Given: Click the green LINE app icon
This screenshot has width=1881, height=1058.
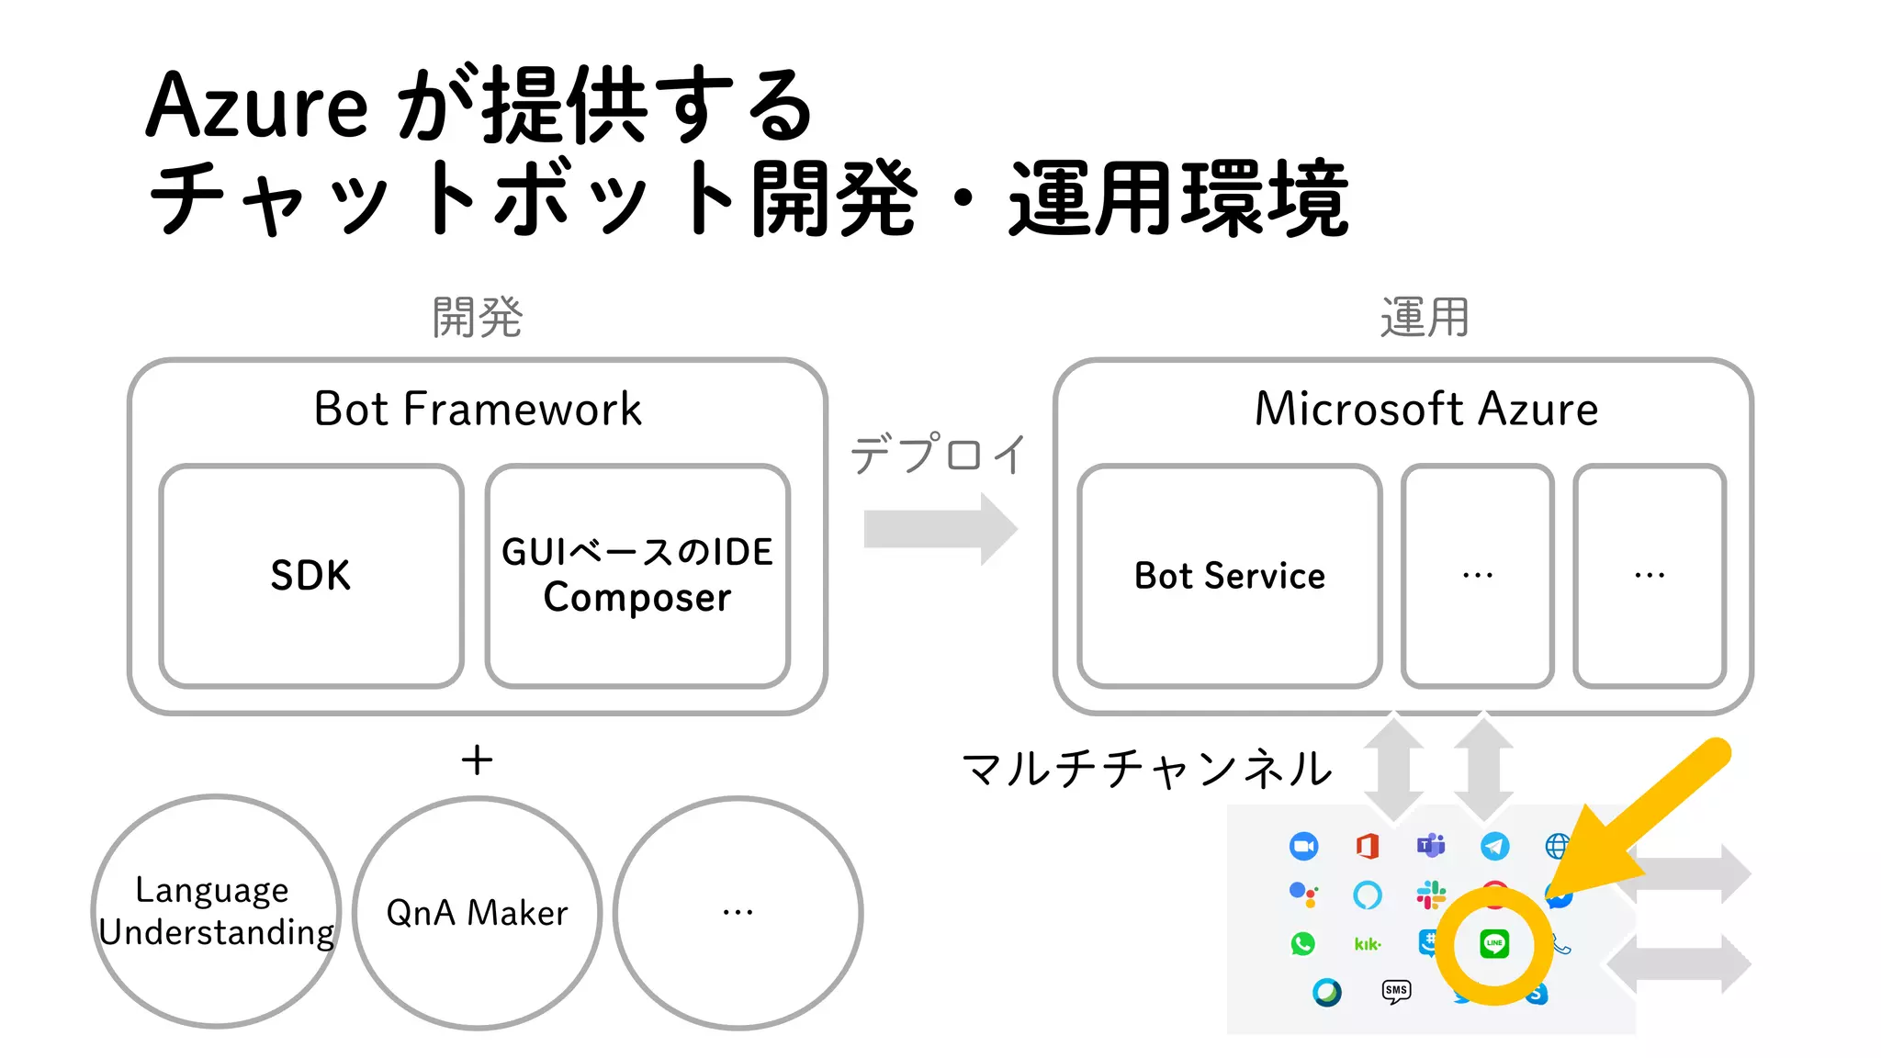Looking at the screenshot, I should coord(1494,944).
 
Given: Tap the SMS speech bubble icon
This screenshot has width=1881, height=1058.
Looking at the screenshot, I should coord(1396,990).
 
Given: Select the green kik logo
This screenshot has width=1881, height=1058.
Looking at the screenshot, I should coord(1368,944).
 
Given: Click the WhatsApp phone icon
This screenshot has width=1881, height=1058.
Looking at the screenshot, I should coord(1302,944).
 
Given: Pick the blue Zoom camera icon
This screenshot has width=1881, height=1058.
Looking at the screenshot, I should coord(1303,846).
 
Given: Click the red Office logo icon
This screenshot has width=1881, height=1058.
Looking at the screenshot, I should coord(1368,846).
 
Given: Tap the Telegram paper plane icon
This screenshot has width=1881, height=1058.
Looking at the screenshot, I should coord(1494,846).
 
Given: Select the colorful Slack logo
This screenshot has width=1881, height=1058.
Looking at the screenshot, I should coord(1431,895).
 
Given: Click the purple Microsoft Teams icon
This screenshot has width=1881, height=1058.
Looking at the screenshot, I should coord(1431,845).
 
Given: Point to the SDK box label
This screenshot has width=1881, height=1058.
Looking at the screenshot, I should coord(310,576).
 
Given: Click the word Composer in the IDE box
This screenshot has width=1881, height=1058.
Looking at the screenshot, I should coord(637,598).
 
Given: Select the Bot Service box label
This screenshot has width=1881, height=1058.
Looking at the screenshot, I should coord(1230,576).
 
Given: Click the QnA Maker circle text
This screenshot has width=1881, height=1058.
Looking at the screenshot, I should coord(477,913).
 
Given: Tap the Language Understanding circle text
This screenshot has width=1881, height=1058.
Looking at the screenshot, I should coord(216,911).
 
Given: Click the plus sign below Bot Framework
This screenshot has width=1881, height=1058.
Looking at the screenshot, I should coord(477,760).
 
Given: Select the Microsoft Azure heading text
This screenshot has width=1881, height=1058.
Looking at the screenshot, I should coord(1425,409).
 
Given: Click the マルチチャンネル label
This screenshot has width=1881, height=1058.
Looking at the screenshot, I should coord(1147,769).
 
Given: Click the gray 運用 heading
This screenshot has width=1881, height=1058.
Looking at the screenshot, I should coord(1425,318).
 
